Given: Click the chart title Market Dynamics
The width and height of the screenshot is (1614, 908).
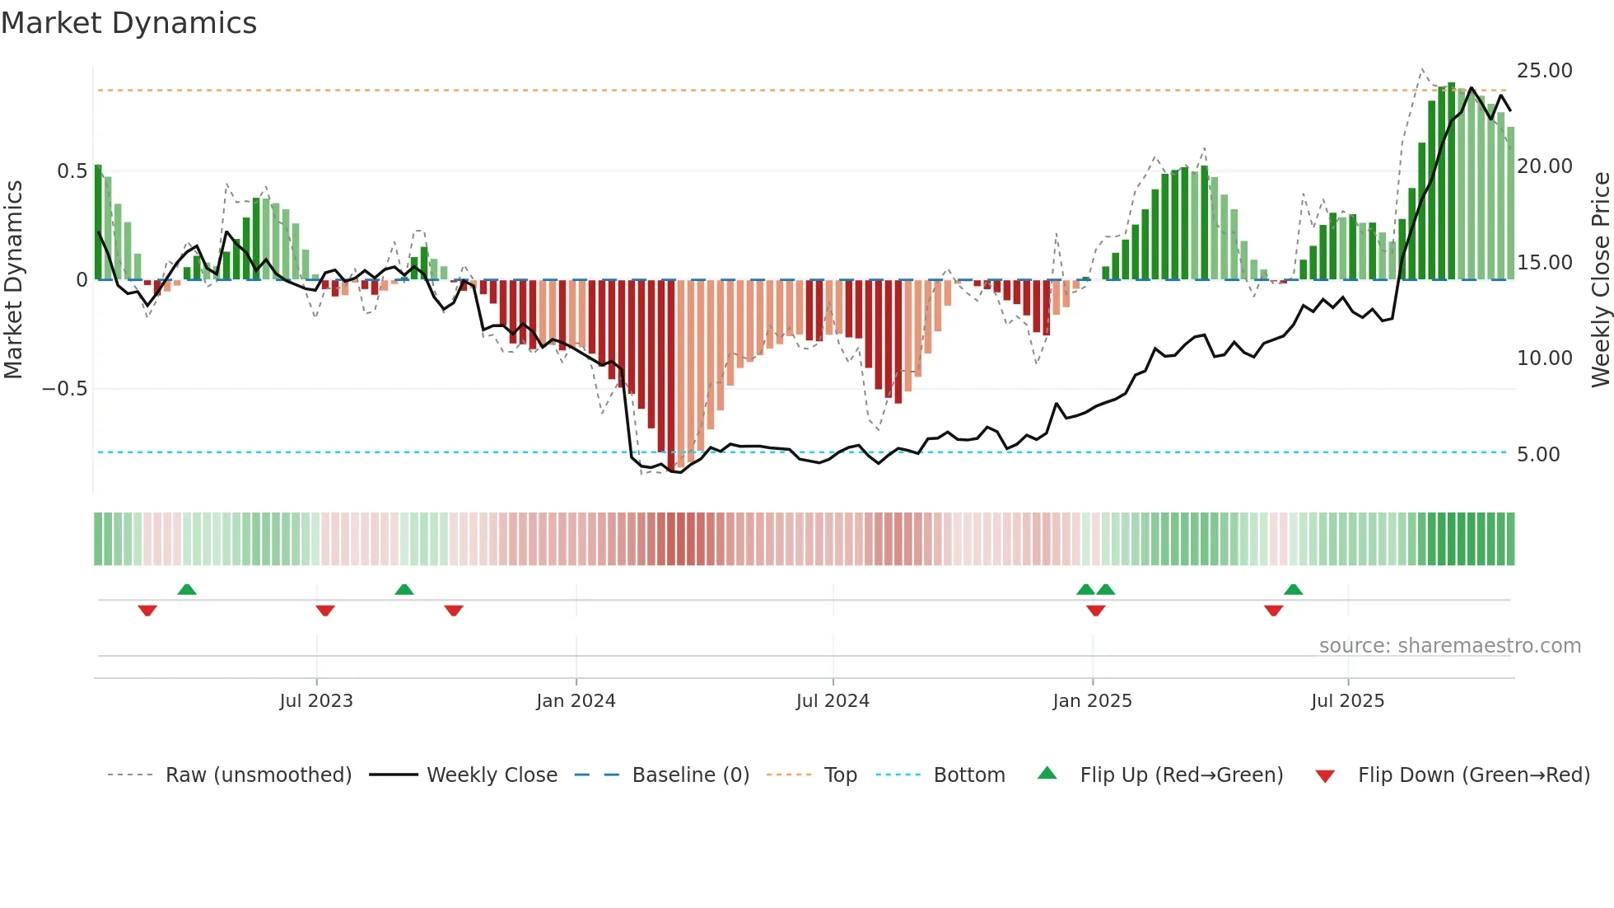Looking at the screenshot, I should point(128,23).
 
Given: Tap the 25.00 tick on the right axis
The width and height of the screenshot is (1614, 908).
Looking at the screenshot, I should point(1544,71).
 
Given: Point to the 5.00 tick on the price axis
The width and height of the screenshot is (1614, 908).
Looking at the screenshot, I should point(1537,455).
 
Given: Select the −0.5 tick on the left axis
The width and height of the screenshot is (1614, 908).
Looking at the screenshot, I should point(64,389).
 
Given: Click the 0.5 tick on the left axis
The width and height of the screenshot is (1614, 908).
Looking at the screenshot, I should point(72,171).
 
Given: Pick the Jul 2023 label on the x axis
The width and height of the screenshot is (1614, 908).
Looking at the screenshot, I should point(315,701).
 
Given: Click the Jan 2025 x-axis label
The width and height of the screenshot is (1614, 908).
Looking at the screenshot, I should point(1092,701).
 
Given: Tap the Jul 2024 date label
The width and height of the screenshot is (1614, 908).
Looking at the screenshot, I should point(832,701).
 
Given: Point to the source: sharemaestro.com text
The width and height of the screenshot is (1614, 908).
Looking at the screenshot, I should point(1449,646).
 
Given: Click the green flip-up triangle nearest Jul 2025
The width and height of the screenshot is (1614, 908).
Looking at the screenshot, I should point(1293,589).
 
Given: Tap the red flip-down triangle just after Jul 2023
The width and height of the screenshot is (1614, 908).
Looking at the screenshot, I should point(325,611).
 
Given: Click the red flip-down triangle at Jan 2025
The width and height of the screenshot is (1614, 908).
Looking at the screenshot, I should point(1095,611).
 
